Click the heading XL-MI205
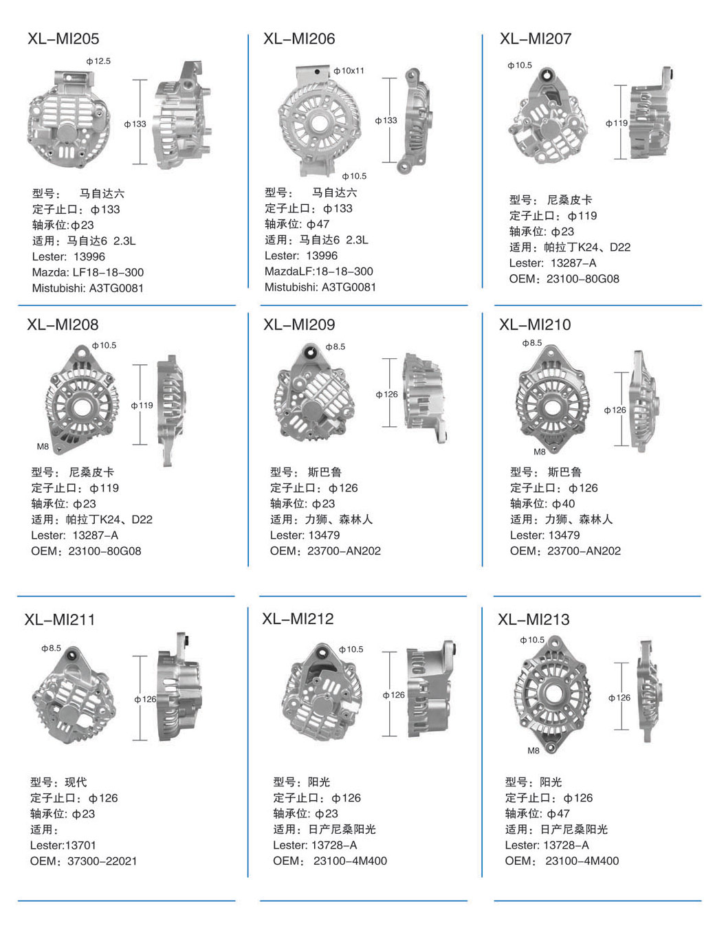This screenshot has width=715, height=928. point(63,39)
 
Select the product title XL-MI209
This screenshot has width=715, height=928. point(299,324)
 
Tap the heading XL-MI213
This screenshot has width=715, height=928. point(533,619)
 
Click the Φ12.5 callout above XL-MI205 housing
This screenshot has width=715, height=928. point(98,61)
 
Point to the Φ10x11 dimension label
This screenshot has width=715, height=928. point(349,71)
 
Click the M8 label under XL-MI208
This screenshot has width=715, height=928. point(43,446)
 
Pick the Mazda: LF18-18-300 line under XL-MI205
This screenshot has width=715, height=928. point(88,272)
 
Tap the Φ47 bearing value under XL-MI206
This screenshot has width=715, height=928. point(318,224)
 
